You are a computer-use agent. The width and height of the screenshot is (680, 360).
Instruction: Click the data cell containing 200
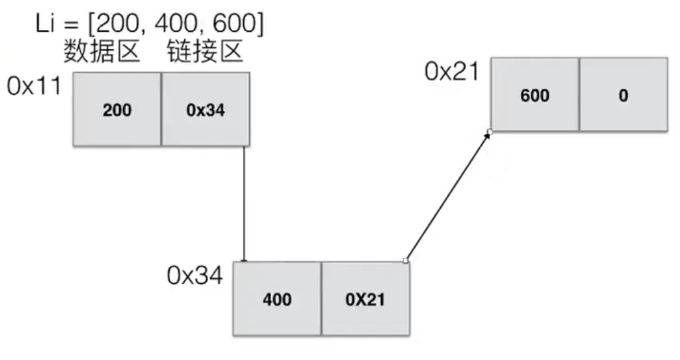pos(117,109)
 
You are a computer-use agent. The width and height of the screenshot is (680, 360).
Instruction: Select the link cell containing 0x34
pos(205,109)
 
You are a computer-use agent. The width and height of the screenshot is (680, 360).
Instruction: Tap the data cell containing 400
pos(277,299)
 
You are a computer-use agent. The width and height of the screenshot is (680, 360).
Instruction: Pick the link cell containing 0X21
pos(365,299)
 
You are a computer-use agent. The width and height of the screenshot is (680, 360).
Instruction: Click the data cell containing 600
pos(534,95)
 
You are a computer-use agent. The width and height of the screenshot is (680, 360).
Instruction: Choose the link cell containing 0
pos(623,95)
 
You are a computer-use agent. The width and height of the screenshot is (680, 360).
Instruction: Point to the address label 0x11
pos(34,86)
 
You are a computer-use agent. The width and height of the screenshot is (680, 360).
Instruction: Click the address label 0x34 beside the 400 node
pos(195,274)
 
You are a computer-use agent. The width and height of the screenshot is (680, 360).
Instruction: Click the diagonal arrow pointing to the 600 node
pos(448,196)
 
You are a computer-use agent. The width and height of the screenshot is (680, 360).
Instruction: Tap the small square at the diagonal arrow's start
pos(406,261)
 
